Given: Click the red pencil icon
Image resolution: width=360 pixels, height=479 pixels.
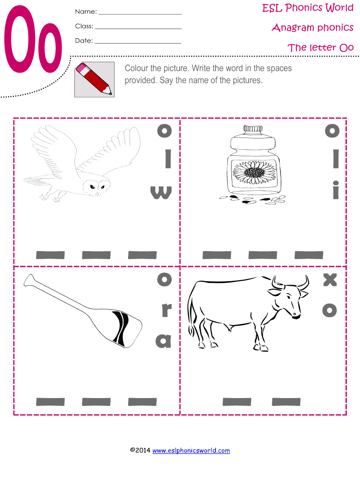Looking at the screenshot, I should point(94,79).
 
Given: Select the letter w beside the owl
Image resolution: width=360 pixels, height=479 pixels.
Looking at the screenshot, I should point(160,192).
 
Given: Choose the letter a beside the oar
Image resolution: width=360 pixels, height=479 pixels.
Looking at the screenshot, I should point(164,341).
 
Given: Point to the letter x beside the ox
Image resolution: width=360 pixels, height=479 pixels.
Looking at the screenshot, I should point(330,280).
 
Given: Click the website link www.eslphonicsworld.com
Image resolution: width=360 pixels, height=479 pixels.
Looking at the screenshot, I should point(191,450).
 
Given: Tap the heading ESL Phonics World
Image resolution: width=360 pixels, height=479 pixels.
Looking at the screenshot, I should point(307,8).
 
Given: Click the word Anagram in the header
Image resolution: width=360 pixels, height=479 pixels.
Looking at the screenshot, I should point(293,28).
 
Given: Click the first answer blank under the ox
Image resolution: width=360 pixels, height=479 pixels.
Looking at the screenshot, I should point(237,401).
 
